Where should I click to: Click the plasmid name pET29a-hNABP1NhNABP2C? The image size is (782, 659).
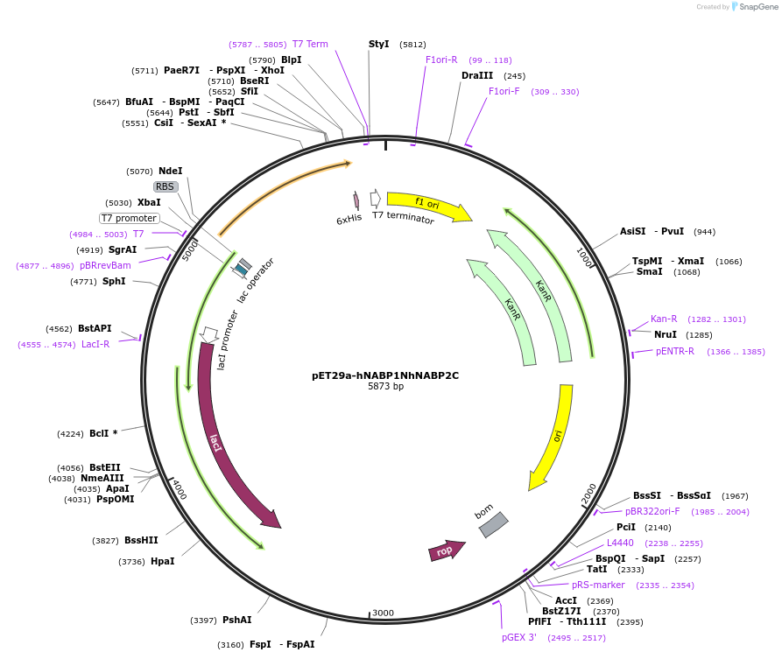[385, 375]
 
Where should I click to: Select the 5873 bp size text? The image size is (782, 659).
[385, 387]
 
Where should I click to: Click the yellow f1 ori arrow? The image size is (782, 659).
[429, 206]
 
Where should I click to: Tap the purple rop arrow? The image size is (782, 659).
[446, 550]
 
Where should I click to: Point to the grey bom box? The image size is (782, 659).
[493, 524]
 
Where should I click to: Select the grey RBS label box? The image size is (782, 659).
[166, 186]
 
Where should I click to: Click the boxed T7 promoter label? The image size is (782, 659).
[129, 218]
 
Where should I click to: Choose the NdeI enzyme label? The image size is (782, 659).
[171, 171]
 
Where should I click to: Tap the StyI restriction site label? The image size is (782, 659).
[378, 44]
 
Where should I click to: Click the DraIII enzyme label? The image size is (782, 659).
[477, 75]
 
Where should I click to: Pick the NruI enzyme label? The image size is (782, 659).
[666, 334]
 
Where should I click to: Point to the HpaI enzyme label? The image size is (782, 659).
[163, 561]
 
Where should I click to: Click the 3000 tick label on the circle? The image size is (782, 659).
[384, 613]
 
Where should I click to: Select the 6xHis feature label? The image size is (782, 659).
[349, 220]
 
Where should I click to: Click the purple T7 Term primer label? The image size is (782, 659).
[310, 44]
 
